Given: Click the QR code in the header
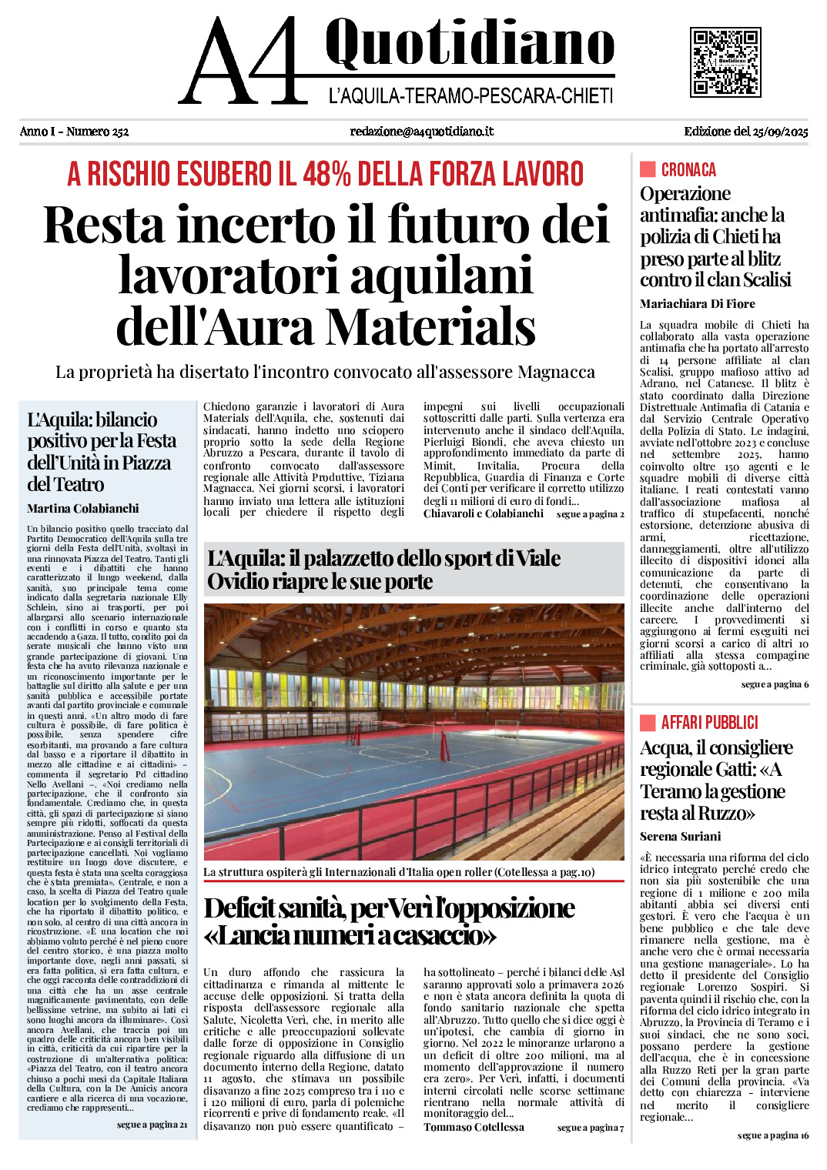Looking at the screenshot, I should coord(725,62).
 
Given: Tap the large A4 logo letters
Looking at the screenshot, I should coord(243,62).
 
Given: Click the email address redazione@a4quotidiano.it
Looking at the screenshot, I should coord(421,132).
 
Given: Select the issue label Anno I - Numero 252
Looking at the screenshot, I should coord(74,132).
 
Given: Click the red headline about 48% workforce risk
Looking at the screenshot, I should coord(326,174).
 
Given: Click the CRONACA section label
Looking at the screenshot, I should coord(688,170).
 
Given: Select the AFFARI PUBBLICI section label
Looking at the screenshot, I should coord(708,723).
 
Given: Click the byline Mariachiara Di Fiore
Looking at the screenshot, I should coord(697,304).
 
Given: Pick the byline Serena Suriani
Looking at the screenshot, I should coord(680,837).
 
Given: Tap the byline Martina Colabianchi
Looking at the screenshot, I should coord(83,509).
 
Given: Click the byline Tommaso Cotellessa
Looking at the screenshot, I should coord(474,1128).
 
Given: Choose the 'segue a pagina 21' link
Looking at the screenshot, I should coord(152,1125).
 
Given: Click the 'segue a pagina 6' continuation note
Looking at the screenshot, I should coord(775,684).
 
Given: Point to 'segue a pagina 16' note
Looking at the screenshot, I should coord(772,1135).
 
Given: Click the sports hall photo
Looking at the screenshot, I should coord(413,732).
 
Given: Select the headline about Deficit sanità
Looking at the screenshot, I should coord(389,921).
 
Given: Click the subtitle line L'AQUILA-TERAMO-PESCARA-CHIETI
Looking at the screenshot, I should coord(470,96).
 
